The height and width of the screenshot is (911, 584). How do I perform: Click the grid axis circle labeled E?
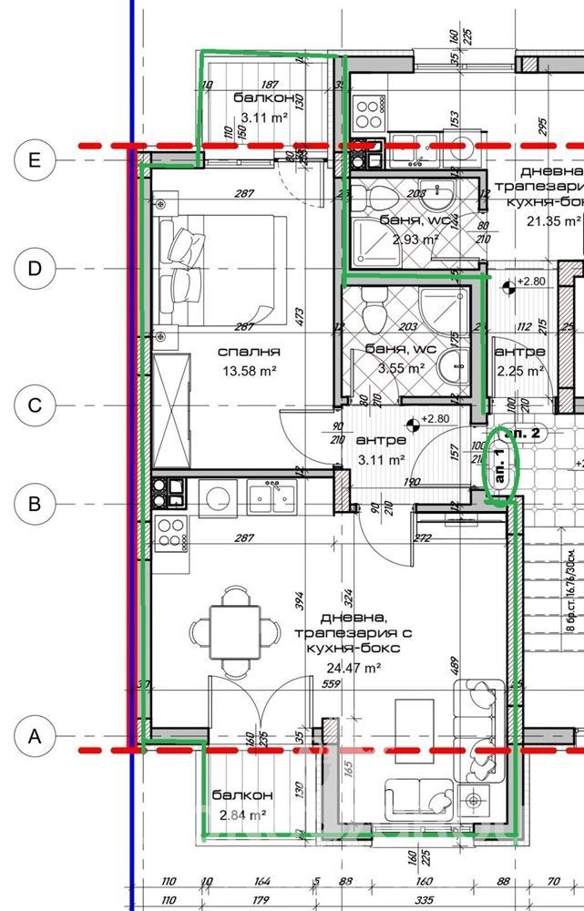pyautogui.click(x=35, y=160)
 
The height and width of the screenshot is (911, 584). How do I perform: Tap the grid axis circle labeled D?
pyautogui.click(x=35, y=269)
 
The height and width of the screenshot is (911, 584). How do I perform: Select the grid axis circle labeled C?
pyautogui.click(x=35, y=405)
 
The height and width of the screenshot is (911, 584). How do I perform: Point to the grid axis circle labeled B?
pyautogui.click(x=35, y=503)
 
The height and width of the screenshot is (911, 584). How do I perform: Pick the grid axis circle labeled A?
pyautogui.click(x=35, y=735)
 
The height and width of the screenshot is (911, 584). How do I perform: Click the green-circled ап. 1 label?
pyautogui.click(x=500, y=465)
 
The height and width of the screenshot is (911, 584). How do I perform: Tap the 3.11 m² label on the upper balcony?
pyautogui.click(x=263, y=117)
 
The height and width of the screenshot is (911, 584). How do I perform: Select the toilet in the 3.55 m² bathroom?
pyautogui.click(x=374, y=313)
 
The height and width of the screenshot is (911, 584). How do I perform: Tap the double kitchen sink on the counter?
pyautogui.click(x=272, y=498)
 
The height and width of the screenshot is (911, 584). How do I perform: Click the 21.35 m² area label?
pyautogui.click(x=549, y=220)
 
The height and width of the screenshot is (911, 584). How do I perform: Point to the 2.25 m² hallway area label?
pyautogui.click(x=519, y=370)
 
